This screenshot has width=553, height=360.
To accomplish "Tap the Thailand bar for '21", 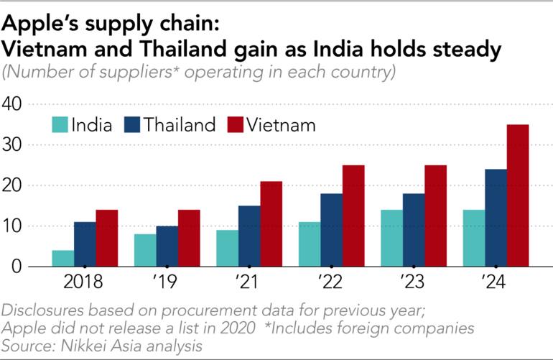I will [249, 236].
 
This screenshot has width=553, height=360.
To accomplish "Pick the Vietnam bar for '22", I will [353, 216].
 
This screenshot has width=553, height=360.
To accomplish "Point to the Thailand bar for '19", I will [167, 246].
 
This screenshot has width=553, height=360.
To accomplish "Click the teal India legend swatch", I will [59, 124].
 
